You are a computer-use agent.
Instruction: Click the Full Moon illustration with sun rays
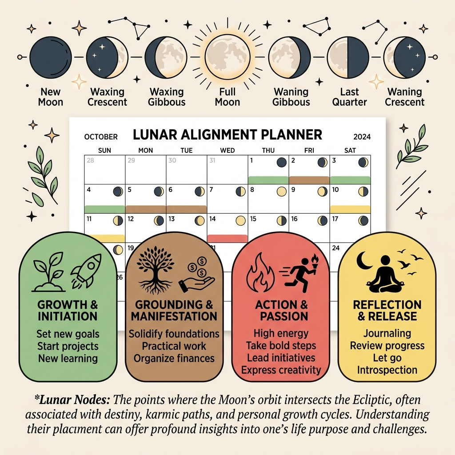click(x=227, y=56)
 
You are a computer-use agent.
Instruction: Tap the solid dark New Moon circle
click(x=51, y=57)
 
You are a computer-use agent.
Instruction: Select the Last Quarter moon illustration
click(x=347, y=57)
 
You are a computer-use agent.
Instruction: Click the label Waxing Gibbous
click(x=167, y=97)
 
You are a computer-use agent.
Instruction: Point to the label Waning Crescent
click(x=404, y=97)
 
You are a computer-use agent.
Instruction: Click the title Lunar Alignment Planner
click(x=227, y=135)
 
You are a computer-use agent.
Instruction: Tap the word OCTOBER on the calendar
click(x=101, y=137)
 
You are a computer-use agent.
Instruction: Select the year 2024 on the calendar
click(x=362, y=137)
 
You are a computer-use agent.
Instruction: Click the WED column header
click(x=227, y=150)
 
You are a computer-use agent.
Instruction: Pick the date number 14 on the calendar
click(x=212, y=219)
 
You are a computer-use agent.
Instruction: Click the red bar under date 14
click(x=227, y=238)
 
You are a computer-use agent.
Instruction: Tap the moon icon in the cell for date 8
click(x=281, y=192)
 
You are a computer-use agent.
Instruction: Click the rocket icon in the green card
click(x=86, y=270)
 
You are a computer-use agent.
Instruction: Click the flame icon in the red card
click(x=260, y=273)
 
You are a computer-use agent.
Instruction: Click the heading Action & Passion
click(x=281, y=311)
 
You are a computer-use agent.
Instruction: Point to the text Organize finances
click(x=174, y=359)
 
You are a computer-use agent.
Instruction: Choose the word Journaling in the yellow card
click(x=387, y=334)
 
